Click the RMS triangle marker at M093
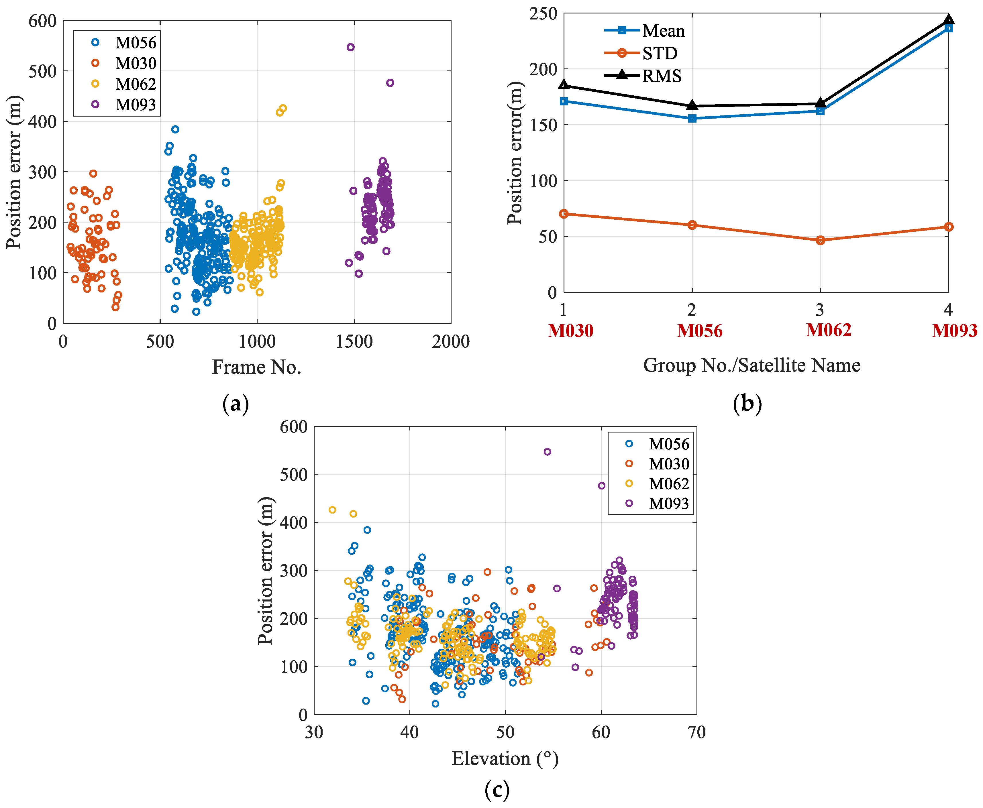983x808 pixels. (948, 19)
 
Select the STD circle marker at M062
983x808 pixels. (820, 240)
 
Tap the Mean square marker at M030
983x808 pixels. (564, 101)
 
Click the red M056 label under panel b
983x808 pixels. (699, 331)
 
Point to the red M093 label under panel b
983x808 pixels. (954, 331)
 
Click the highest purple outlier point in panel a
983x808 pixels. (351, 47)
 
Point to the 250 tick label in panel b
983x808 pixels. (543, 14)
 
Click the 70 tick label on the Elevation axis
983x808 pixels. (696, 733)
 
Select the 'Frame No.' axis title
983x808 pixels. (257, 367)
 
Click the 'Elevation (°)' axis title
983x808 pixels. (505, 759)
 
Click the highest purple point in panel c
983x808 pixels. (547, 451)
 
